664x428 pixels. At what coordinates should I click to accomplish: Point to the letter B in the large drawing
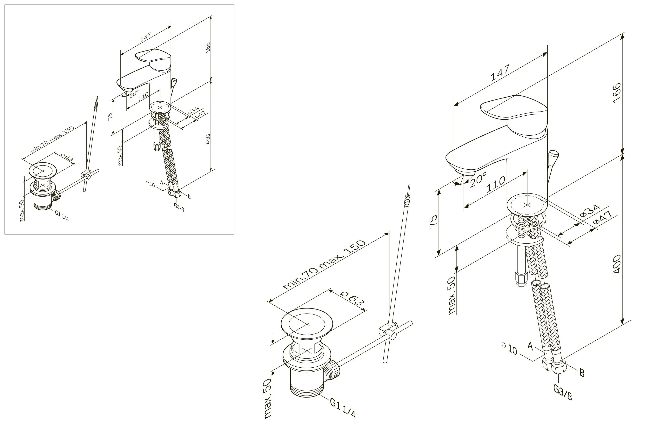coord(582,372)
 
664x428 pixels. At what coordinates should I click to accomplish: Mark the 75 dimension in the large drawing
coord(434,222)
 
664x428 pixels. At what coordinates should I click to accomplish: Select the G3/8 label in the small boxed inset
coord(179,207)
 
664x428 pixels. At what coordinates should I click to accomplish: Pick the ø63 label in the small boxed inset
coord(67,157)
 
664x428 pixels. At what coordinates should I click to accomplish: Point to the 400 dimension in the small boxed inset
coord(208,139)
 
